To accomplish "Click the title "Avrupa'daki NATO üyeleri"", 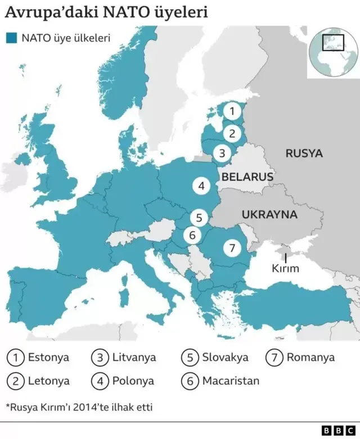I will point(106,12).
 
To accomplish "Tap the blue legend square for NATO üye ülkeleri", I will point(11,38).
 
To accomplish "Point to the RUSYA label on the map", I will point(304,153).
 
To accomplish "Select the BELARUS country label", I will point(247,176).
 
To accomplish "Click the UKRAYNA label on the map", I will point(269,214).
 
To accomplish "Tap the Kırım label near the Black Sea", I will point(285,269).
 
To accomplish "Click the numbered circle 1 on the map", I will point(232,111).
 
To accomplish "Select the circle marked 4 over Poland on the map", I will point(201,185).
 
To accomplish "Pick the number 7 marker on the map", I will point(232,247).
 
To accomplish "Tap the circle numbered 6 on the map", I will point(192,235).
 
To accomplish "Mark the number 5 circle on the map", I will point(198,217).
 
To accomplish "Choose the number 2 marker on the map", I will point(232,133).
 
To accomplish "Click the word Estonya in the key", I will point(48,357).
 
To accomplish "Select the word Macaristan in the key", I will point(231,381).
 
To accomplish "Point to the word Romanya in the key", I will point(310,357).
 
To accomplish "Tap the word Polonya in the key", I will point(133,381).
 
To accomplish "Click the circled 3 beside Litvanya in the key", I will point(100,357).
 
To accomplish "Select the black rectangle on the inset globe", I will point(332,43).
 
